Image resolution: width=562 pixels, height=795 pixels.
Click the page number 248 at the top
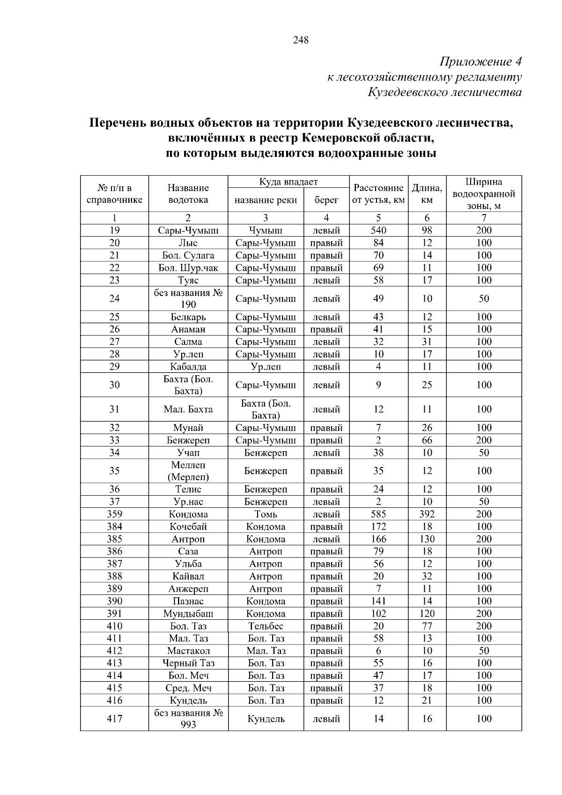pyautogui.click(x=301, y=40)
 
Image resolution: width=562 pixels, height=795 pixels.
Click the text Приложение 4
pyautogui.click(x=481, y=61)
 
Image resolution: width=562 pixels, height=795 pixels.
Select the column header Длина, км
pyautogui.click(x=427, y=194)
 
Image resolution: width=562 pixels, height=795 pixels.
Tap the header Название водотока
pyautogui.click(x=188, y=194)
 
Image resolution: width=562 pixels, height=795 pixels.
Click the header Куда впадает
pyautogui.click(x=288, y=182)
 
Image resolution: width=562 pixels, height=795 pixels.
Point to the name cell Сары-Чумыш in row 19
pyautogui.click(x=188, y=230)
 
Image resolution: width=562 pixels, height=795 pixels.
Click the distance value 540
pyautogui.click(x=378, y=230)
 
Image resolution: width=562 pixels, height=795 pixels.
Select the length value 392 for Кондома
pyautogui.click(x=427, y=514)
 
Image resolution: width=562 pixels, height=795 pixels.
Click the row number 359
pyautogui.click(x=115, y=514)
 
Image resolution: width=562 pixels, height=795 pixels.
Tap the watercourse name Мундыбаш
pyautogui.click(x=188, y=614)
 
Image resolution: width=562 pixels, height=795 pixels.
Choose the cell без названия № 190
pyautogui.click(x=188, y=298)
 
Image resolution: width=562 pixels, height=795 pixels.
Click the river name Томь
pyautogui.click(x=266, y=514)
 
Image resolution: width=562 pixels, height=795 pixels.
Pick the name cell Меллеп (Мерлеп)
pyautogui.click(x=188, y=471)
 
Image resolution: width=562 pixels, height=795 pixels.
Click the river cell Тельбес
pyautogui.click(x=266, y=626)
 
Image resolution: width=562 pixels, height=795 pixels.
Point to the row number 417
pyautogui.click(x=115, y=719)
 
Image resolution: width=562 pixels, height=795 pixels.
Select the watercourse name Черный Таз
pyautogui.click(x=188, y=663)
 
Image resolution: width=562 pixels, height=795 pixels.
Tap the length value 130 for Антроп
pyautogui.click(x=427, y=539)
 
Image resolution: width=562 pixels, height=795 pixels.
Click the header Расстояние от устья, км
pyautogui.click(x=378, y=194)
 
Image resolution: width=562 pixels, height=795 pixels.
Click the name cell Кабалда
pyautogui.click(x=188, y=367)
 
